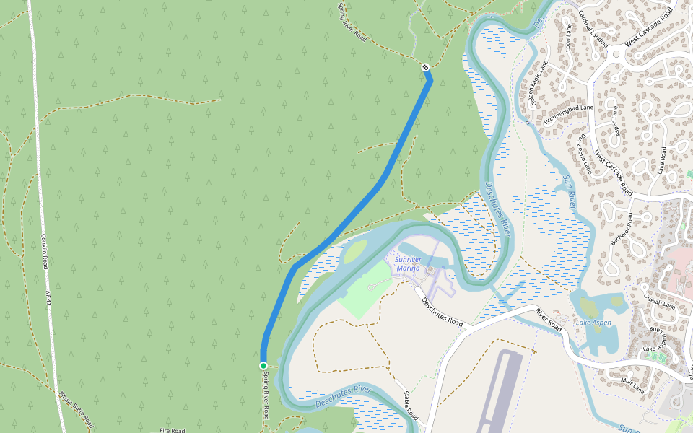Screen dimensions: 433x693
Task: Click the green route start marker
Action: pos(263,366)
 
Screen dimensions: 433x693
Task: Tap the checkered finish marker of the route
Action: pos(427,68)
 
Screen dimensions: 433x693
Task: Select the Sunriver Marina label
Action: pos(407,263)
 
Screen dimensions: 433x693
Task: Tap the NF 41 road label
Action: pos(49,296)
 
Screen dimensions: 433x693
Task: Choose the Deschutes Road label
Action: pos(442,311)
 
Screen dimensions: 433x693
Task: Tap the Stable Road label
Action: pos(411,406)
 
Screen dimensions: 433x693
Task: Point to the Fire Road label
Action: pos(173,430)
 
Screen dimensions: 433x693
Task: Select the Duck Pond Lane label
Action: pos(584,154)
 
